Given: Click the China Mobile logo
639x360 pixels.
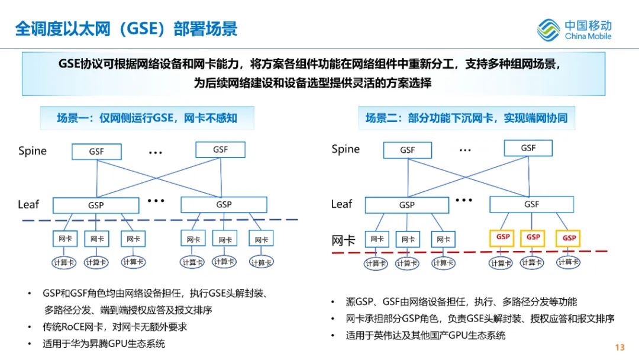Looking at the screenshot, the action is point(574,30).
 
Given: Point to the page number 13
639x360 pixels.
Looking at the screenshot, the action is point(619,348).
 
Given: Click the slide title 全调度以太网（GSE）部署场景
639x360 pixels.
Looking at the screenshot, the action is point(127,28).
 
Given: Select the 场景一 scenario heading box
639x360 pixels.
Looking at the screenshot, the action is point(147,118).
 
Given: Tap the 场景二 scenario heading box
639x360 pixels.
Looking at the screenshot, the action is point(466,118).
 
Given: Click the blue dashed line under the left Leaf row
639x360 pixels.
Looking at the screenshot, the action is point(160,220).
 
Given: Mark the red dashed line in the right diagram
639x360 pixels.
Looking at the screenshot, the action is point(469,252).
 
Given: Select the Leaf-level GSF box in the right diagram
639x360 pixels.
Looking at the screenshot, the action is point(531,204).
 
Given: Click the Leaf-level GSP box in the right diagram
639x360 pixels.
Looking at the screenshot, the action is point(406,205).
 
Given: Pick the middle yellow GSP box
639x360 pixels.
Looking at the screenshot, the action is point(532,237).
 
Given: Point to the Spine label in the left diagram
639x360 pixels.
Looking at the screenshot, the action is point(33,151).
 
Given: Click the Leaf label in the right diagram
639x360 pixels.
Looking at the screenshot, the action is point(341,204).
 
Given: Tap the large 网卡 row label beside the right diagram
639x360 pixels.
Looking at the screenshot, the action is point(343,240).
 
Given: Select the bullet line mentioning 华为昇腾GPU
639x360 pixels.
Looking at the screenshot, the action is point(104,343).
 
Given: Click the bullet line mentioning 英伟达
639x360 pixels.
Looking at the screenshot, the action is point(425,336).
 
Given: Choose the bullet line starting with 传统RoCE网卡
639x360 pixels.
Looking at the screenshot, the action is point(115,327).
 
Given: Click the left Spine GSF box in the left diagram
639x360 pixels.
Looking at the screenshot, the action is point(96,152).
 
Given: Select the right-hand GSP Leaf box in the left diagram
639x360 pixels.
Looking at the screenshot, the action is point(224,205).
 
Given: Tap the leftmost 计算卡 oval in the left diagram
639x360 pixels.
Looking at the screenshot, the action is point(64,262).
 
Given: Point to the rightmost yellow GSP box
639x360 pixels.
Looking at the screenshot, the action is point(569,238).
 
